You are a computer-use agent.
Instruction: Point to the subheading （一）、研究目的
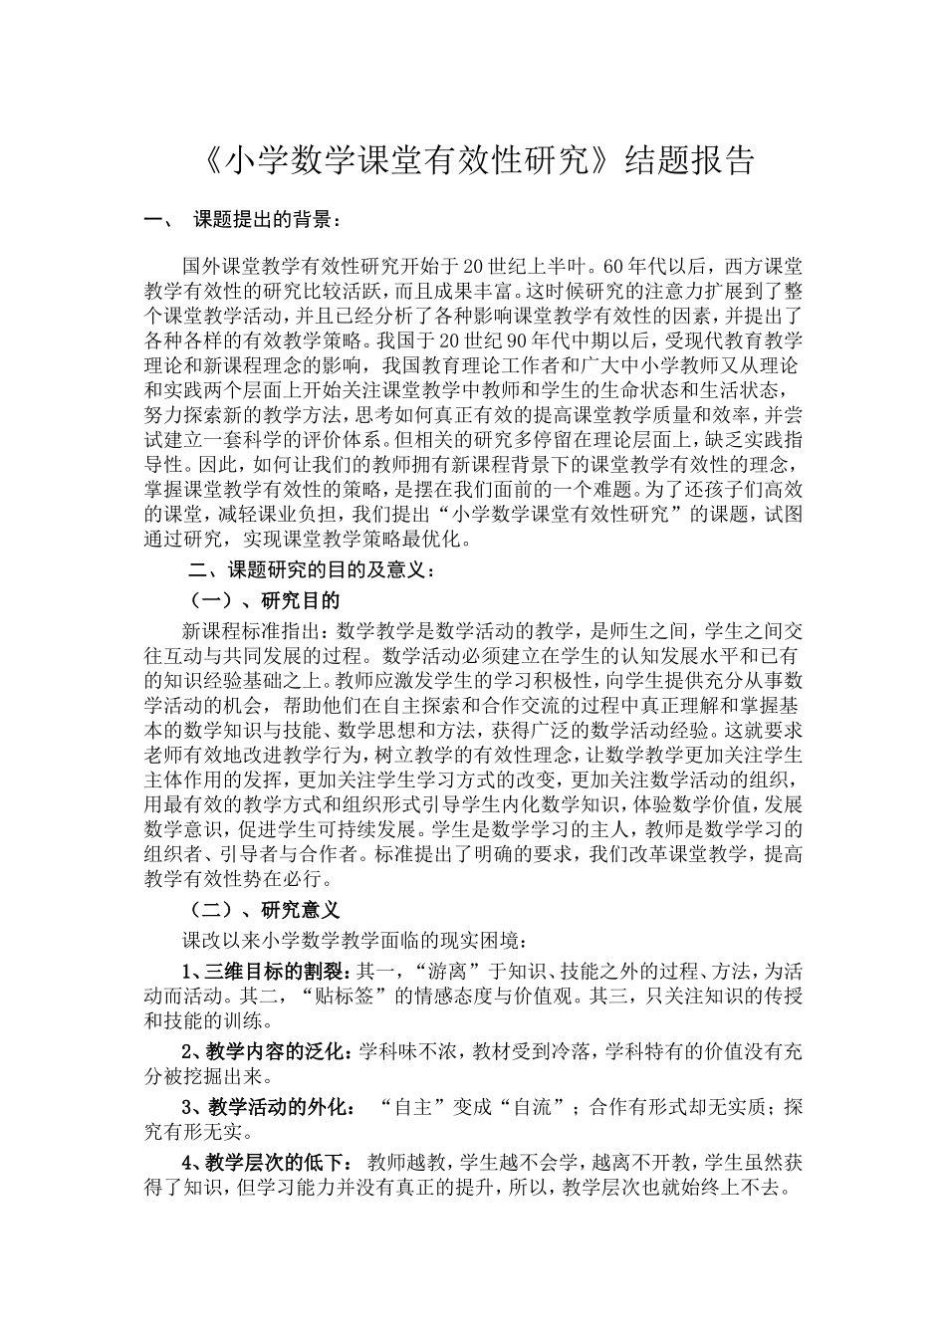tap(265, 600)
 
